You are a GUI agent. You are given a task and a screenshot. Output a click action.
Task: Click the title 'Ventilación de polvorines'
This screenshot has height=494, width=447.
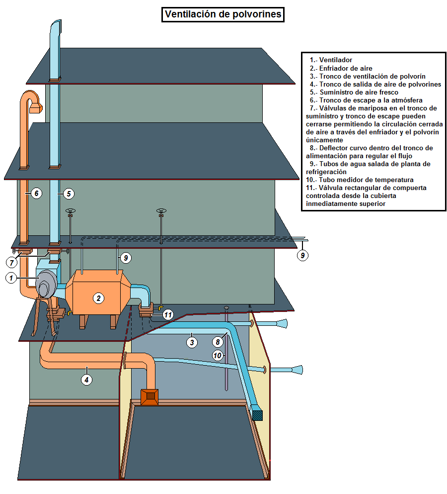pos(223,14)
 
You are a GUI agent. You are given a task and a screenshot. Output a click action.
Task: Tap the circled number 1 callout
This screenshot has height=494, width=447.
pos(11,278)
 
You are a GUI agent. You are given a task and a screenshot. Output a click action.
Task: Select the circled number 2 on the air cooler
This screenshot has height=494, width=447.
pos(99,298)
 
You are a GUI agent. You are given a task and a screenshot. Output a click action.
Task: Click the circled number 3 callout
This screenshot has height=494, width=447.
pos(192,342)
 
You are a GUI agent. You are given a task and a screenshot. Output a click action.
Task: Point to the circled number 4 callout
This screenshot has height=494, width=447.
pos(87,380)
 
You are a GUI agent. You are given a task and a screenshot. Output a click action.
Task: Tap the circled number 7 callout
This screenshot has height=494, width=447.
pos(217,342)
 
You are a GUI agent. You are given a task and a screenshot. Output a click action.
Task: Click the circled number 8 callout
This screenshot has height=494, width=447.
pos(217,355)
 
